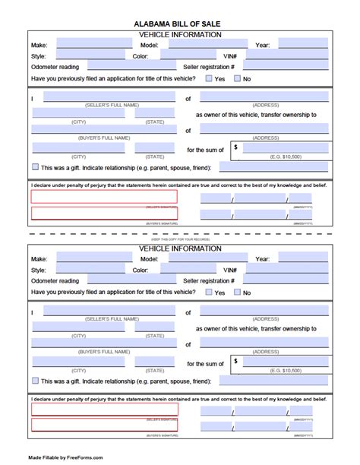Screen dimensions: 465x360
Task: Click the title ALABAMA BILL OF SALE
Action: coord(179,24)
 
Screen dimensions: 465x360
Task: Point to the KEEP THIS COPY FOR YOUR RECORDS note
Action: coord(179,239)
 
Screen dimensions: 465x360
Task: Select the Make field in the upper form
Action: coord(85,45)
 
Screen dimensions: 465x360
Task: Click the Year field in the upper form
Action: coord(301,45)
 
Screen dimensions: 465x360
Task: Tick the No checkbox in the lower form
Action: coord(238,292)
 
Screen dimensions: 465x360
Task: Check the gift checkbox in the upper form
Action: coord(36,166)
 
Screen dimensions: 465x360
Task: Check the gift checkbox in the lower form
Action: coord(36,381)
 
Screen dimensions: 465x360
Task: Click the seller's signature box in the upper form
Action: coord(104,197)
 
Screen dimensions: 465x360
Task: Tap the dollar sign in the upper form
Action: coord(236,147)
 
